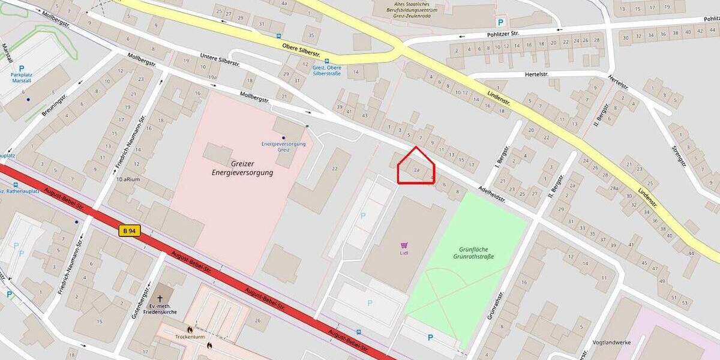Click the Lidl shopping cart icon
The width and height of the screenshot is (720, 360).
point(404,245)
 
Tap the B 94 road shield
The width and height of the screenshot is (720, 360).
point(129,230)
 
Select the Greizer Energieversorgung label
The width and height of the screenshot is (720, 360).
point(242,168)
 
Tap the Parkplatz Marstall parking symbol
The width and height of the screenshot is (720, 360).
point(22,69)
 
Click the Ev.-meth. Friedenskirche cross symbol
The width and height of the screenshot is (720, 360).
point(160,298)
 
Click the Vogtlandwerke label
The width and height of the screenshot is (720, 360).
point(612,342)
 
